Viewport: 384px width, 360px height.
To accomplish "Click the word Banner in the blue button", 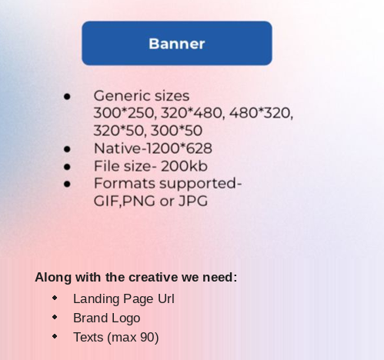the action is click(177, 44).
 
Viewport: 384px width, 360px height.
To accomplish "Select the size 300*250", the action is click(124, 113).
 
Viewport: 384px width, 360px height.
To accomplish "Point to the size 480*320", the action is click(261, 113).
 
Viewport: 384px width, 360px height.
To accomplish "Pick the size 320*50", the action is click(120, 131).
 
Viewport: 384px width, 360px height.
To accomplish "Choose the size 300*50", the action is click(176, 131).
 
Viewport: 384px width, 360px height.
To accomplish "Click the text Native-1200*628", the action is click(153, 148).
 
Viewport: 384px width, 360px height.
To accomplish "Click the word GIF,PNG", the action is click(125, 201).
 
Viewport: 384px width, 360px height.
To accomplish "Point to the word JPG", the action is click(193, 201).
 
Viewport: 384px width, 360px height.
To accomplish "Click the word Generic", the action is click(118, 96).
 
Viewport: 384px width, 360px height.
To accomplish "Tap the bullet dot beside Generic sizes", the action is click(67, 96).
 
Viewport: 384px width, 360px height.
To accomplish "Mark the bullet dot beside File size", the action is click(67, 167).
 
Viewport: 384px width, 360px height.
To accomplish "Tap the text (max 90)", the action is click(133, 338).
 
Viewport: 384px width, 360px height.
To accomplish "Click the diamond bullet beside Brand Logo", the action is click(55, 317).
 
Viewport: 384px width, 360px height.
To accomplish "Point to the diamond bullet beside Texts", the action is click(55, 336).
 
